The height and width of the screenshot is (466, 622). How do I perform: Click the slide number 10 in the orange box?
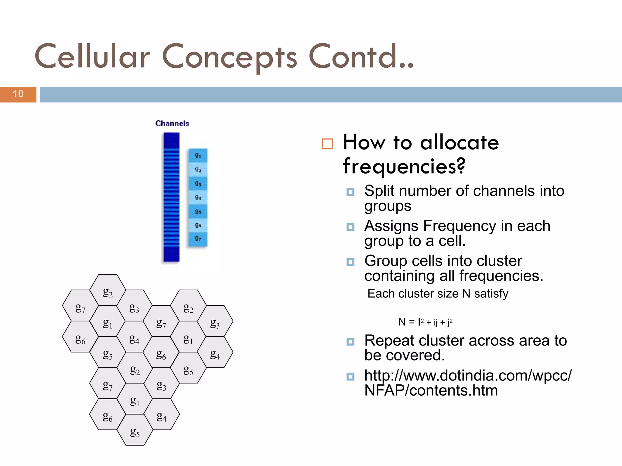[x=18, y=94]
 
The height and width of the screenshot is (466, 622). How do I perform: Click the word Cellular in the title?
[x=92, y=57]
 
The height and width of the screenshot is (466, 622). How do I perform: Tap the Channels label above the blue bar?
[x=172, y=123]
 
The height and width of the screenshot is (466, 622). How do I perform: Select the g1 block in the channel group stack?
[x=198, y=156]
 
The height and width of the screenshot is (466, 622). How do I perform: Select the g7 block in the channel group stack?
[x=198, y=239]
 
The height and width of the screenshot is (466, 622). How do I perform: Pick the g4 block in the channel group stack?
[x=198, y=198]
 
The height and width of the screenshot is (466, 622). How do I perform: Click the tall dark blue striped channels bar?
[x=171, y=197]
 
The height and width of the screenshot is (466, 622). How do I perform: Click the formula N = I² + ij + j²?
[x=425, y=322]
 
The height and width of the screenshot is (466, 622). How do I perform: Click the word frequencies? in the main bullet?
[x=404, y=166]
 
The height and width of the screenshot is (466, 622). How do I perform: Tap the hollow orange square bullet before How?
[x=327, y=144]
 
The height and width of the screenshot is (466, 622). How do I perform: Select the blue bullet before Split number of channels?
[x=350, y=192]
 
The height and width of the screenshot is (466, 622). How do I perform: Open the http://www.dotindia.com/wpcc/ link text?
[x=468, y=376]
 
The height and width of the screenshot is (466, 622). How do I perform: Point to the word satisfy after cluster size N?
[x=491, y=294]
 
